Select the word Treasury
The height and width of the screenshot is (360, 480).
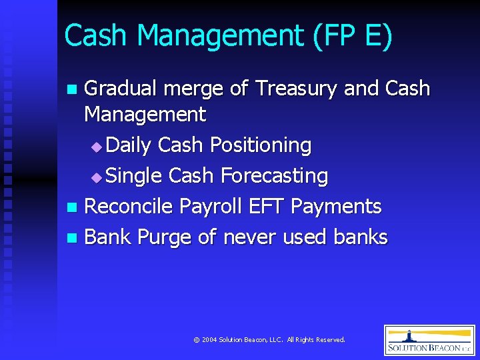pyautogui.click(x=296, y=89)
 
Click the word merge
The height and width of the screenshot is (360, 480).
pyautogui.click(x=199, y=89)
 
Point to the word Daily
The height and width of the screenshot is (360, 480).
pyautogui.click(x=129, y=145)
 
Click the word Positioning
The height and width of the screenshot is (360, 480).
pyautogui.click(x=261, y=145)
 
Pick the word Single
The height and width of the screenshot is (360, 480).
pyautogui.click(x=134, y=176)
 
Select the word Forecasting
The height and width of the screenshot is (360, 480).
pyautogui.click(x=274, y=176)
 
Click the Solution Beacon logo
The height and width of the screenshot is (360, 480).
pyautogui.click(x=429, y=340)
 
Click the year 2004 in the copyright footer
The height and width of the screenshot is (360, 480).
pyautogui.click(x=210, y=340)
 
